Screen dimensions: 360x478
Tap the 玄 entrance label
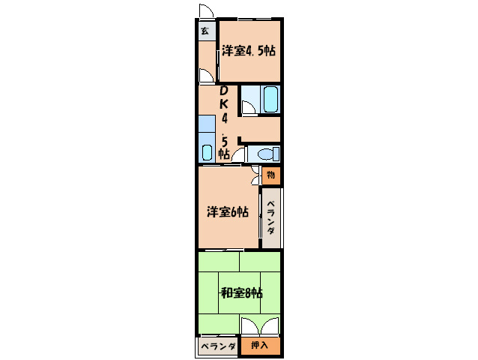(x=205, y=31)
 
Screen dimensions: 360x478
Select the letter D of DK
(x=224, y=92)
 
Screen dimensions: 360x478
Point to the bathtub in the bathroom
(x=270, y=100)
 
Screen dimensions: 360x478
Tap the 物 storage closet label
(x=270, y=175)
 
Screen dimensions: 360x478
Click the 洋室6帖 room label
(x=228, y=212)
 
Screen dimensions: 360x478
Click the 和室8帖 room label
(x=240, y=293)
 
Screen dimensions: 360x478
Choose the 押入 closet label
(x=260, y=346)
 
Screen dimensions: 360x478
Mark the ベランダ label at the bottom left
(x=218, y=346)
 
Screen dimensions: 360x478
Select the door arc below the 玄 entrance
(x=206, y=76)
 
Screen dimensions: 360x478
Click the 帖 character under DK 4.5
(x=223, y=154)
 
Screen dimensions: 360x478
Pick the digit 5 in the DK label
(x=223, y=139)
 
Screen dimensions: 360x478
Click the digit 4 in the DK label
(x=223, y=119)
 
